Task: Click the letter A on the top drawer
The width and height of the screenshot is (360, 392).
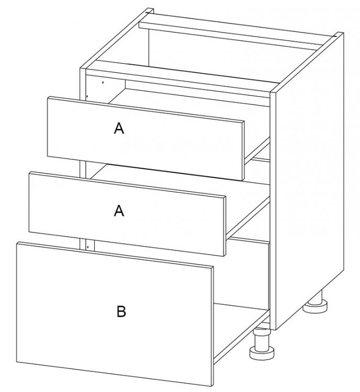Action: point(119,128)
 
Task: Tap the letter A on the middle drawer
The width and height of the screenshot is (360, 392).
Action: point(119,210)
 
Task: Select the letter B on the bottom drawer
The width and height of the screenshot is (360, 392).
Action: point(121,312)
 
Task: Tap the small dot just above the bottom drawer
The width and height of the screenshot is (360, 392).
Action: point(88,247)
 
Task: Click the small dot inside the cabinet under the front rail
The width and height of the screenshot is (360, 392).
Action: point(103,82)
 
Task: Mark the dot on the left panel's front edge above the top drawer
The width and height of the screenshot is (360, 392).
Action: point(87,96)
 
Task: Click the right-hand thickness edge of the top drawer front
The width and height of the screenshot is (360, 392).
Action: point(243,151)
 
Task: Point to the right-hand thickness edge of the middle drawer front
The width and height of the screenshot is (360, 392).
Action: point(224,226)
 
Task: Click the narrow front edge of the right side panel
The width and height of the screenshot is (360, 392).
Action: point(273,210)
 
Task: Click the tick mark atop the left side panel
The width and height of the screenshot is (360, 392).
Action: point(149,11)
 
